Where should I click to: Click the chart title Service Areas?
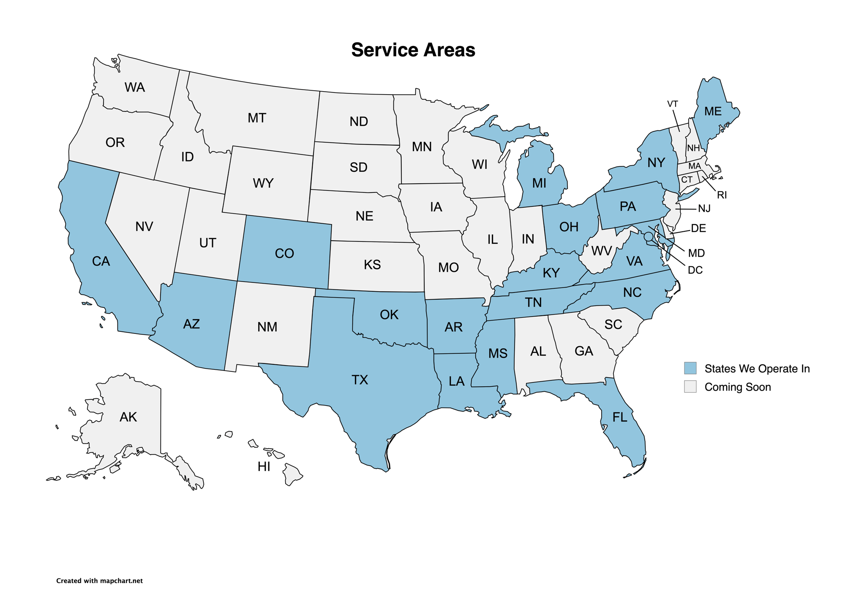(x=413, y=50)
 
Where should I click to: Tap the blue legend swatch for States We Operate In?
(x=690, y=368)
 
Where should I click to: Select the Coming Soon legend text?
(x=737, y=387)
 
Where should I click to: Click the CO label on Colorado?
(x=284, y=253)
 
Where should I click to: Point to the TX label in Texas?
(x=360, y=380)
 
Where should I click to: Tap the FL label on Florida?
(x=620, y=417)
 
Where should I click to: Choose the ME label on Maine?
(x=713, y=111)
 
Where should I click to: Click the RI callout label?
(x=722, y=195)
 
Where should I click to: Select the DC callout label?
(x=695, y=270)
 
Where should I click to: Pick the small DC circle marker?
(x=649, y=236)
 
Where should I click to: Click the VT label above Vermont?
(x=673, y=104)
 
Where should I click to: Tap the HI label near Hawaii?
(x=264, y=466)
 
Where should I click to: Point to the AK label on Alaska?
(x=128, y=417)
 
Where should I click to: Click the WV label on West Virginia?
(x=602, y=251)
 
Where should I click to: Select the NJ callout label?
(x=704, y=209)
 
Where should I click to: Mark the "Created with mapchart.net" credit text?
(x=99, y=581)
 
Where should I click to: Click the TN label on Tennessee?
(x=533, y=302)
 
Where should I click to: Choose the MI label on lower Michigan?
(x=539, y=183)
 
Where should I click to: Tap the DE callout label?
(x=698, y=228)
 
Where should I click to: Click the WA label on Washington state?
(x=135, y=87)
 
